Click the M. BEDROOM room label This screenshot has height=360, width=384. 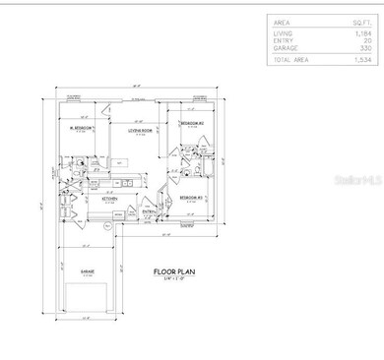point(81,129)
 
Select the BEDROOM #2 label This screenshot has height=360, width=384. point(191,123)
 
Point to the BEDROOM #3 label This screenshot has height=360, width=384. point(192,198)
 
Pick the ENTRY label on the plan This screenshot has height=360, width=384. point(150,210)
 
